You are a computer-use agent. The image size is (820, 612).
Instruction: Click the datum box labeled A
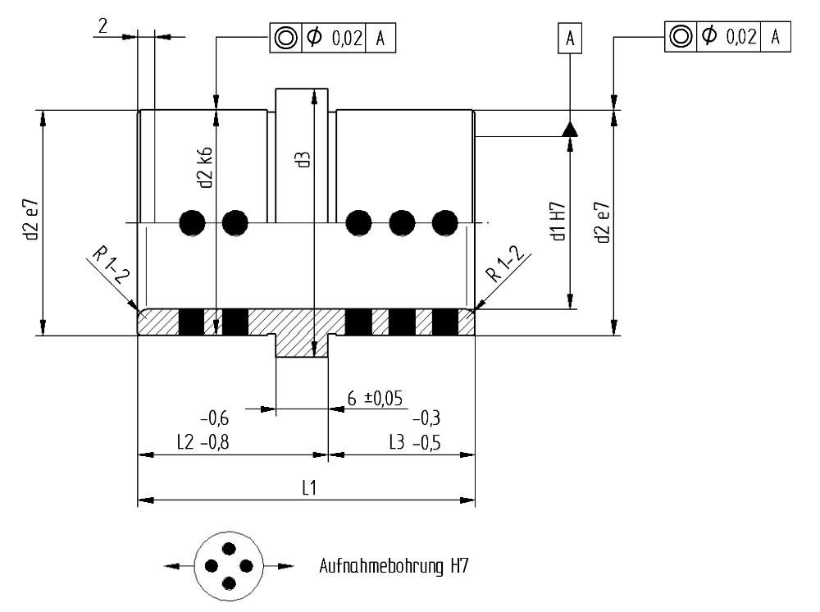tap(570, 38)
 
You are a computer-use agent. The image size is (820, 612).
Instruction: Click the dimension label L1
tap(310, 488)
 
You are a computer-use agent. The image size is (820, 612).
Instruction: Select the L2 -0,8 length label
tap(203, 442)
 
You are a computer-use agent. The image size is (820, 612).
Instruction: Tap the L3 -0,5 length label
tap(415, 442)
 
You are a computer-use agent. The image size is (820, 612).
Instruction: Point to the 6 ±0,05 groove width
tap(375, 399)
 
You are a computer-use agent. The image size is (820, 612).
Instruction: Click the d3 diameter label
tap(304, 159)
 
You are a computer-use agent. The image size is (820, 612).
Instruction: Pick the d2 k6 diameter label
tap(205, 167)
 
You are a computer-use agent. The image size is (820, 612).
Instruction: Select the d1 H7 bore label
tap(558, 222)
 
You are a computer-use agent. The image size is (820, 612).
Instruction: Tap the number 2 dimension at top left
tap(102, 25)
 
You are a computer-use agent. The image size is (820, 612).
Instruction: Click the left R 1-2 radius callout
tap(110, 266)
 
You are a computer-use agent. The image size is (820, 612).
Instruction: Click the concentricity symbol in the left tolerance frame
tap(285, 38)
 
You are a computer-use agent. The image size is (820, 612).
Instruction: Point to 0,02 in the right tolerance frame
tap(741, 37)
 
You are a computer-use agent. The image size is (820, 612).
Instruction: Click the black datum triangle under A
tap(570, 130)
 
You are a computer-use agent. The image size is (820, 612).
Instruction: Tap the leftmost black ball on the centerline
tap(193, 223)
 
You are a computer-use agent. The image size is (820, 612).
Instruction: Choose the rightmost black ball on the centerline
tap(445, 223)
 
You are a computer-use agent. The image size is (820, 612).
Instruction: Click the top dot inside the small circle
tap(229, 549)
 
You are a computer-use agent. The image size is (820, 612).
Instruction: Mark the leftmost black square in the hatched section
tap(191, 322)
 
